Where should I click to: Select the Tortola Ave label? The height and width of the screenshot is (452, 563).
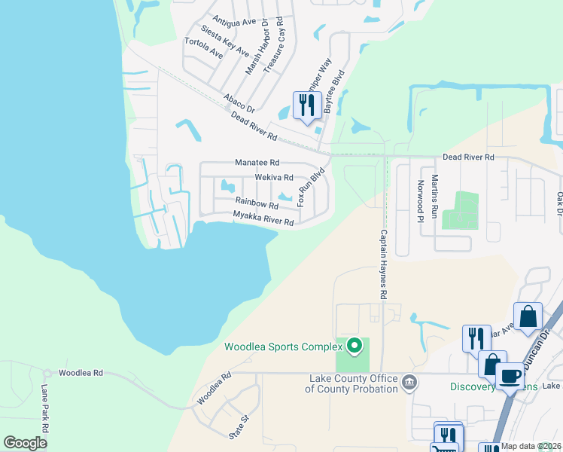click(x=203, y=48)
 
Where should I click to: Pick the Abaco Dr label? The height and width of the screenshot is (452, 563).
click(x=239, y=102)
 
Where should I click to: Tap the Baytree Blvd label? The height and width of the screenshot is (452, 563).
click(x=334, y=92)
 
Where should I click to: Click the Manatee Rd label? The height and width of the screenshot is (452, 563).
click(x=257, y=162)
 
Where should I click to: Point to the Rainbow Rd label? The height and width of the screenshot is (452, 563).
click(x=257, y=203)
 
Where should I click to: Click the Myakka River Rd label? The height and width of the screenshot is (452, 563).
click(x=262, y=218)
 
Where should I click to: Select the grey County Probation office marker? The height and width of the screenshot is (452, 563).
click(x=409, y=382)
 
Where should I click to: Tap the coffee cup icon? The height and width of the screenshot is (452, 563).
click(x=511, y=374)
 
